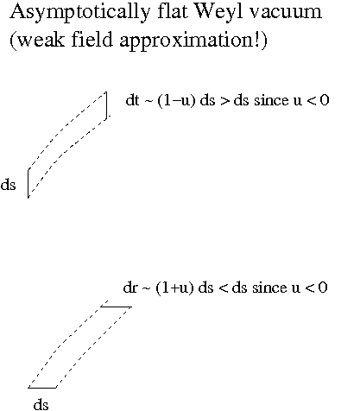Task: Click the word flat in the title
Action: click(x=172, y=11)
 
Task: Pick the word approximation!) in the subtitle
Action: click(x=193, y=41)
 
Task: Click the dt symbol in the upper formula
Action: click(x=132, y=100)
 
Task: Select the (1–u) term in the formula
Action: click(x=176, y=101)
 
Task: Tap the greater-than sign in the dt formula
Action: click(x=225, y=101)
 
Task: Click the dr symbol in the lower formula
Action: click(x=130, y=288)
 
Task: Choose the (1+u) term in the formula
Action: click(x=174, y=288)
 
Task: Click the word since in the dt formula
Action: click(x=271, y=101)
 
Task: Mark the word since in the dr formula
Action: click(x=269, y=288)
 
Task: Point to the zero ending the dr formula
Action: click(x=323, y=288)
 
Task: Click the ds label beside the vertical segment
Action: click(x=8, y=185)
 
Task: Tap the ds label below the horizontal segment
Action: click(x=41, y=404)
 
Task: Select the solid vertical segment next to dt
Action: click(x=107, y=105)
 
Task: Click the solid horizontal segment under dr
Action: click(x=116, y=307)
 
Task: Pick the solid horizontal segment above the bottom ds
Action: click(x=42, y=388)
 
